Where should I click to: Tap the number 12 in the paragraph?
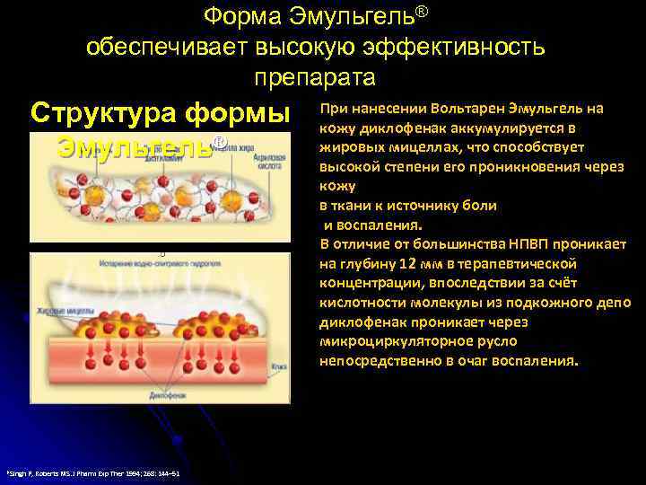click(x=407, y=263)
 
